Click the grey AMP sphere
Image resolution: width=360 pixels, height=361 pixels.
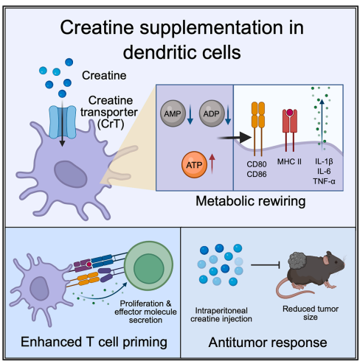[173, 113]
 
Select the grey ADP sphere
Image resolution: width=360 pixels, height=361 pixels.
[212, 113]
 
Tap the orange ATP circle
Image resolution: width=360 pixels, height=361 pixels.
[194, 164]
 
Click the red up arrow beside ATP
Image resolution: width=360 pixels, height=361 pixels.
[212, 164]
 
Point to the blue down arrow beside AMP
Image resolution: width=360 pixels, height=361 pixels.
[190, 114]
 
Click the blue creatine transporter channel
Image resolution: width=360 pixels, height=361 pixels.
[63, 122]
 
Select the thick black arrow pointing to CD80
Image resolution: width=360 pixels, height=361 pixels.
[234, 138]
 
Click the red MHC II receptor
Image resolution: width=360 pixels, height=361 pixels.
[290, 130]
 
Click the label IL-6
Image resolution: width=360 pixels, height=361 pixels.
[324, 171]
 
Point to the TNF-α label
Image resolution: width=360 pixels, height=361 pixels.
[324, 181]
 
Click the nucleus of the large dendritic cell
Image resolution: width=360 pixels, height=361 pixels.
[71, 174]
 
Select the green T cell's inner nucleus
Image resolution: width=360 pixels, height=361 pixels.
[149, 268]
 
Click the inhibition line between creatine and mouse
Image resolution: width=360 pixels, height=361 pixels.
[266, 265]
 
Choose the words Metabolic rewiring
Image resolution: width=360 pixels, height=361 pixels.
[251, 201]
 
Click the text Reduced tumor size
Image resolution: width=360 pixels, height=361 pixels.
[311, 313]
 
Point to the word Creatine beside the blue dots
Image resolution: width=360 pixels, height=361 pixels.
[104, 75]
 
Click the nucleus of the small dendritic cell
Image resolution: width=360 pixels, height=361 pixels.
[38, 289]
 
